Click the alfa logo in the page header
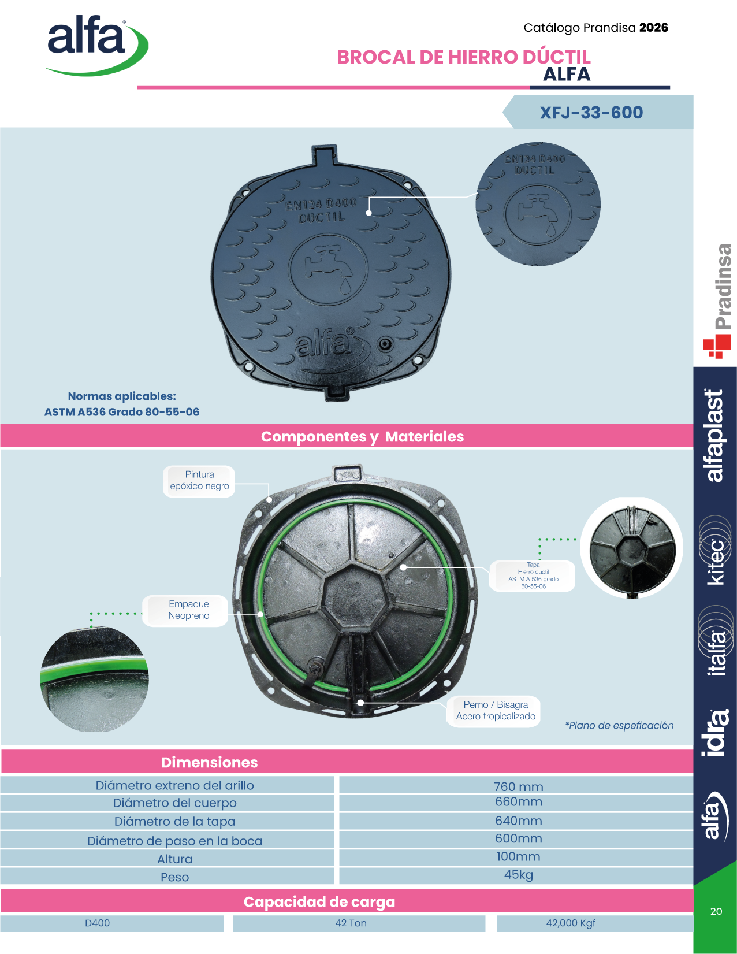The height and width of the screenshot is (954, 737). coord(98,44)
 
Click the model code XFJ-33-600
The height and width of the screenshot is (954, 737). coord(591,113)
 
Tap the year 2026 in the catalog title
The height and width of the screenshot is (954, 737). coord(654,28)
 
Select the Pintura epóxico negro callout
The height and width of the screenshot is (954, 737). coord(199,481)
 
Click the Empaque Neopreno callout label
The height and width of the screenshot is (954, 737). coord(189,610)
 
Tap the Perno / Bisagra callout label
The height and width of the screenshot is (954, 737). coord(496,710)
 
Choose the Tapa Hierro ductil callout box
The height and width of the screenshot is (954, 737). coord(533,576)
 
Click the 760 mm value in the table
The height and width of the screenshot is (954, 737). coord(519,787)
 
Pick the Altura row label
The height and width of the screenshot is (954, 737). coord(174,859)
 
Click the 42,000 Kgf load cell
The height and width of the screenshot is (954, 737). coord(571,923)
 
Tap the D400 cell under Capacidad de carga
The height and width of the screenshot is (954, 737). coord(98,923)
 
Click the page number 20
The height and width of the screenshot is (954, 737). coord(716,911)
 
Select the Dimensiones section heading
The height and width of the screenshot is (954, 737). coord(209,763)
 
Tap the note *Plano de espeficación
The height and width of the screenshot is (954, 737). coord(619,725)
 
